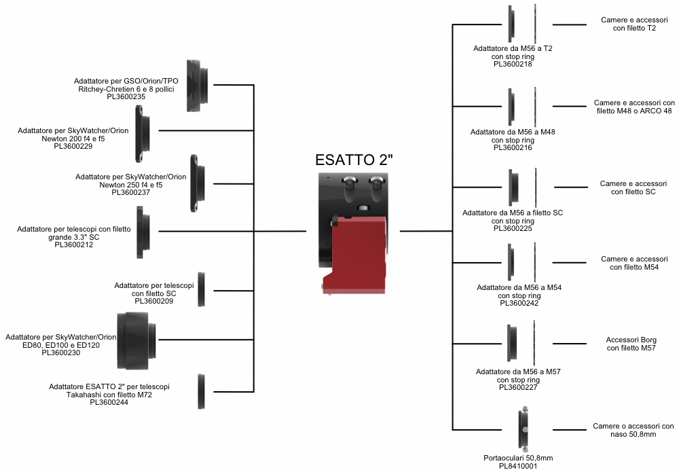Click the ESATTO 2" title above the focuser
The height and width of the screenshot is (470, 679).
click(x=354, y=160)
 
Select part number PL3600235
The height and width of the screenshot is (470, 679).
click(x=126, y=97)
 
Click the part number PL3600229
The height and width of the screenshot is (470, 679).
click(x=73, y=146)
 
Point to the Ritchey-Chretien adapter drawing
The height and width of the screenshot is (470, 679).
click(x=198, y=86)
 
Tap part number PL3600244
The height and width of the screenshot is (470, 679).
click(x=109, y=402)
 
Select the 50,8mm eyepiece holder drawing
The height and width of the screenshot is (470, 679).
click(x=526, y=428)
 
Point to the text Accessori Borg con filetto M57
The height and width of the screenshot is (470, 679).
click(x=631, y=344)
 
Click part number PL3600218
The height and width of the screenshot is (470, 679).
click(x=513, y=65)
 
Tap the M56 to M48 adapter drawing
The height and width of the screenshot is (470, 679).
click(x=512, y=106)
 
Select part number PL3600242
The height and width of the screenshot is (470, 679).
click(x=519, y=304)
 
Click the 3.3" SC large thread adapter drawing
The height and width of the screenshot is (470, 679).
click(x=143, y=232)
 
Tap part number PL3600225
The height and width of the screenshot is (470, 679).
click(x=513, y=228)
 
